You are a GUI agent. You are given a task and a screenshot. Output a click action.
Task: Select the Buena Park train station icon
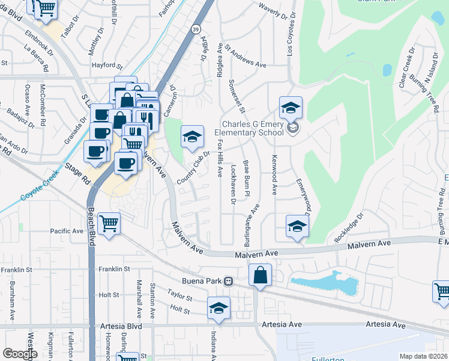[x=228, y=282]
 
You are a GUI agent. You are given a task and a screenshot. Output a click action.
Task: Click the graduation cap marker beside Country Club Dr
[x=192, y=138]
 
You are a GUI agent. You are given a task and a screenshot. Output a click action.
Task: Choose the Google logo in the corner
[x=19, y=354]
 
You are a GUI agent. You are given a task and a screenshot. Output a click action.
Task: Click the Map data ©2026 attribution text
[x=423, y=356]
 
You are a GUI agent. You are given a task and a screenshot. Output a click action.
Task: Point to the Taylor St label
[x=179, y=297]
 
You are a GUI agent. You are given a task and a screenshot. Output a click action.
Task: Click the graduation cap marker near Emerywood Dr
[x=297, y=227]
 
